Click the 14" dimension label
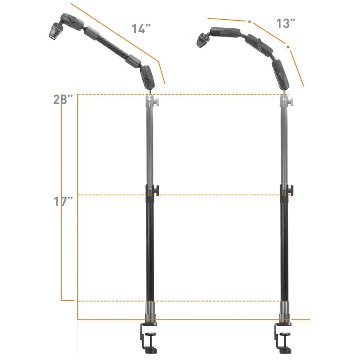pyautogui.click(x=141, y=29)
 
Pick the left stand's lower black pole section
pyautogui.click(x=149, y=247)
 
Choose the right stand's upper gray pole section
pyautogui.click(x=283, y=144)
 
